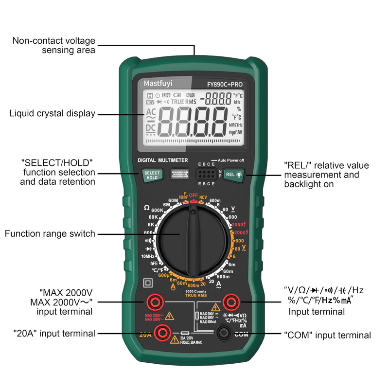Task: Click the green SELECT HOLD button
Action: click(151, 175)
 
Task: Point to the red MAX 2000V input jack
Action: click(155, 303)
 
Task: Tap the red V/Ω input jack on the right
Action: click(230, 303)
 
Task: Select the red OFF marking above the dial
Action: click(194, 195)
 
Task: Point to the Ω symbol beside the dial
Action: click(147, 208)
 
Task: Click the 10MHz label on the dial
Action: click(148, 256)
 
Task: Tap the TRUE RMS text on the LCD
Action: click(184, 102)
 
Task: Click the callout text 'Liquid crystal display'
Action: click(52, 114)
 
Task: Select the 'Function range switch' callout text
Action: click(50, 234)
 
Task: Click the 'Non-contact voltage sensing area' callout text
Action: click(53, 46)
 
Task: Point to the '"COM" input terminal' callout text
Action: click(327, 335)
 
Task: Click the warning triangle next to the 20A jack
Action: click(175, 339)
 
